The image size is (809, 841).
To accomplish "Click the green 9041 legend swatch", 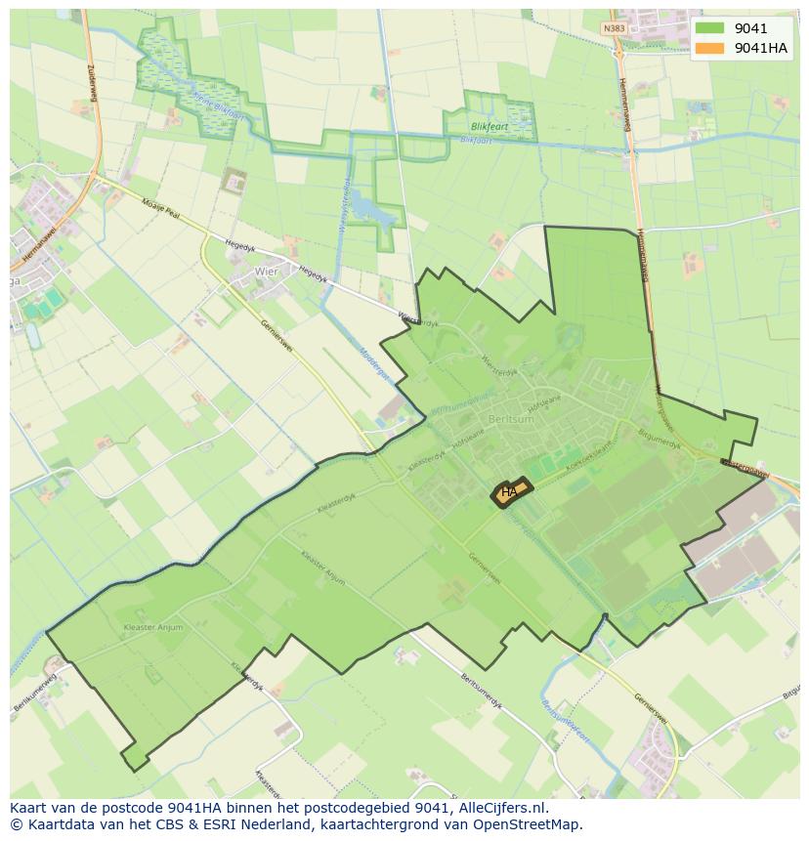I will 709,28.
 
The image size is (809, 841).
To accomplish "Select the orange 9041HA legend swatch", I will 709,48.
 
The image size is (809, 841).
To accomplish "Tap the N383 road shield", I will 614,28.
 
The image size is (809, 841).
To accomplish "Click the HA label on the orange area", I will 509,492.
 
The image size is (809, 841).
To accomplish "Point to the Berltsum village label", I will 511,418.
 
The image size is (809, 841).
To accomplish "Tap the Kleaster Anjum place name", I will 153,627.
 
